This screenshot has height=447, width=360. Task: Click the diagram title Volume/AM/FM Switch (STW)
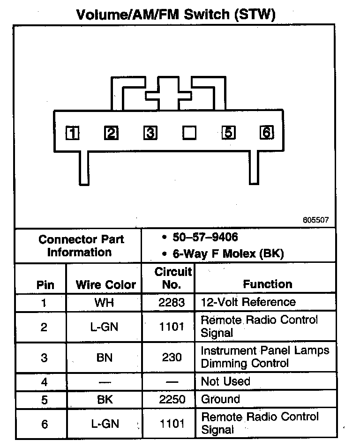click(175, 14)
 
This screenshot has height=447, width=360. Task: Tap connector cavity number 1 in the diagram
click(72, 134)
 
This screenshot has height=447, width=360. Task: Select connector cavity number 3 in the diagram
click(150, 134)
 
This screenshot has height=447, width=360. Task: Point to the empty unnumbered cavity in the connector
click(189, 134)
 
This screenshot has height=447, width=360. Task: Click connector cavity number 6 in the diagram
click(266, 133)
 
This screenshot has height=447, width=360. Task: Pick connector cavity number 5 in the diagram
click(228, 133)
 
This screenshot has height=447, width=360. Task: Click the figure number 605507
click(316, 220)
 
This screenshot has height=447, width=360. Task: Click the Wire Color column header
click(105, 284)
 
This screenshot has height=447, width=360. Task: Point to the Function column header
click(267, 284)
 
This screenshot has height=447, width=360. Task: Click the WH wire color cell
click(104, 302)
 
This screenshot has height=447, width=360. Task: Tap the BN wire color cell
click(104, 357)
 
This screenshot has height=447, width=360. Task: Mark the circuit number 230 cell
click(171, 357)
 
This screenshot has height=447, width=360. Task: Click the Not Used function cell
click(225, 381)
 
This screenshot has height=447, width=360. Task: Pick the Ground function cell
click(220, 399)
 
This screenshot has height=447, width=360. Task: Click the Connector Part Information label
click(81, 246)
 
